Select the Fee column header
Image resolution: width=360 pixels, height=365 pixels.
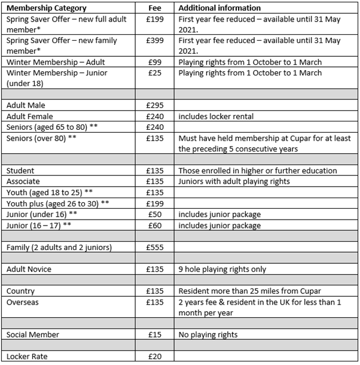pyautogui.click(x=155, y=8)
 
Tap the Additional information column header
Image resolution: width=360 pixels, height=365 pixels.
pyautogui.click(x=219, y=8)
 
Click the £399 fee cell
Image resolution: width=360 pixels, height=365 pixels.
pyautogui.click(x=155, y=41)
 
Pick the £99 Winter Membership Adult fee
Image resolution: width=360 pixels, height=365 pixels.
pyautogui.click(x=155, y=62)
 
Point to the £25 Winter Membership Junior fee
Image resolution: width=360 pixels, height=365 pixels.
pyautogui.click(x=155, y=74)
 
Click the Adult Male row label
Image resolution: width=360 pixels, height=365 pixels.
pyautogui.click(x=26, y=105)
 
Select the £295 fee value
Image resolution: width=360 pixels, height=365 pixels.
pyautogui.click(x=155, y=105)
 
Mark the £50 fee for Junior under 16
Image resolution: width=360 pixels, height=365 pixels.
pyautogui.click(x=155, y=214)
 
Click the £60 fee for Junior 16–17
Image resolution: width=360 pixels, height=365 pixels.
pyautogui.click(x=155, y=225)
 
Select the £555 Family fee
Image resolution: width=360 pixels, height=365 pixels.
pyautogui.click(x=155, y=247)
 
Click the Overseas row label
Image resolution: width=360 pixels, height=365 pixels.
pyautogui.click(x=25, y=302)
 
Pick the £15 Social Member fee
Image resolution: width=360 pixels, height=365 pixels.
pyautogui.click(x=155, y=334)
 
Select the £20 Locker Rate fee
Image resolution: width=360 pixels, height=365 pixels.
pyautogui.click(x=155, y=357)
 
